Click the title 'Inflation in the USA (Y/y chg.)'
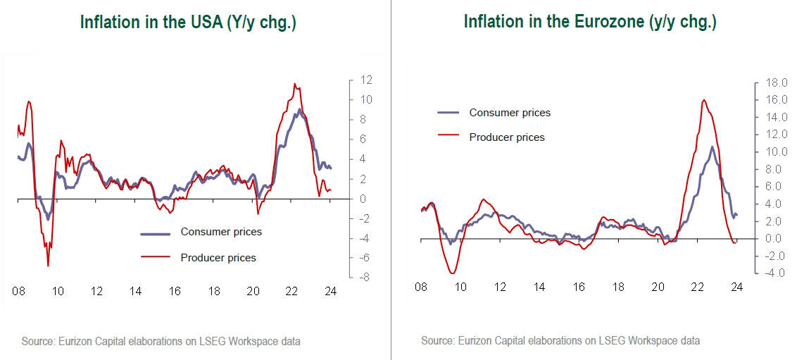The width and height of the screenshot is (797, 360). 188,22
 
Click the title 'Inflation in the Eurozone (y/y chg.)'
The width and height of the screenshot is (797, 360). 590,22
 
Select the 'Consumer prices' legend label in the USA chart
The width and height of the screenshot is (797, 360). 221,232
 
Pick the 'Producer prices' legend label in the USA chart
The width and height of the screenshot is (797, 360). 218,257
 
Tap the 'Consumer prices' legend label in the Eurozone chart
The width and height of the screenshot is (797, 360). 510,113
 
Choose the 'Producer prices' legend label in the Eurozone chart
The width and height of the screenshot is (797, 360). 507,137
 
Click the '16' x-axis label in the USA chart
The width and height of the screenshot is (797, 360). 174,290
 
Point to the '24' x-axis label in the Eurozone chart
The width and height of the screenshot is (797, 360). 736,287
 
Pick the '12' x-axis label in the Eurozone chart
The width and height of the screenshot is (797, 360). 500,287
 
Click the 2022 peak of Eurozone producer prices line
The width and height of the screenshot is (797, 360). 703,100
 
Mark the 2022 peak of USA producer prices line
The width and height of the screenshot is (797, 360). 294,84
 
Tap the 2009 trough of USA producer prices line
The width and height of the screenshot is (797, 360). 48,266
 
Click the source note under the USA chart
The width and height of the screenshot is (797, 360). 161,342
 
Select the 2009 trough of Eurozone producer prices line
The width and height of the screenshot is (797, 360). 453,273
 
